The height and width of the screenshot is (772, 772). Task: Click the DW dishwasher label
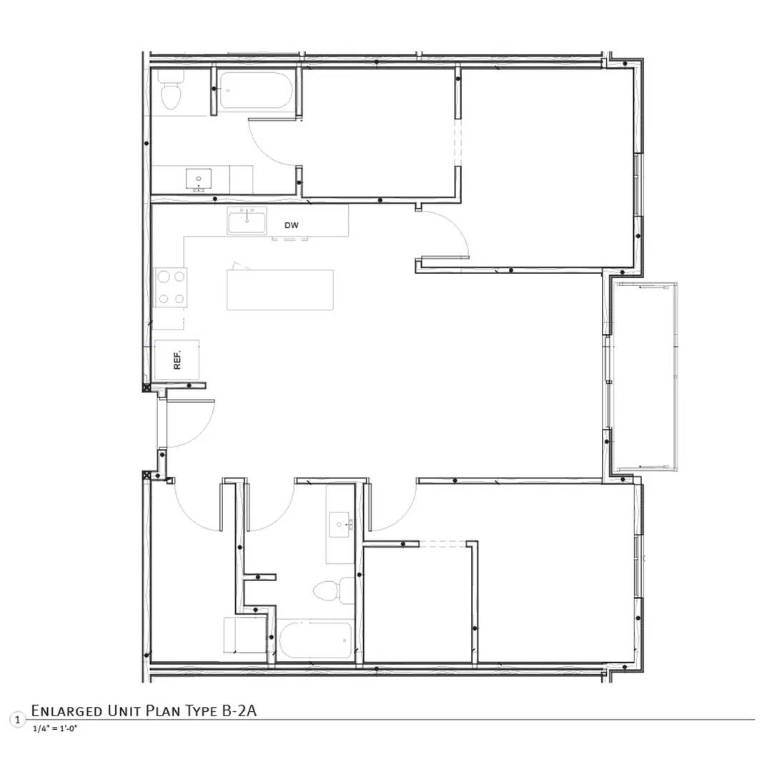pyautogui.click(x=291, y=225)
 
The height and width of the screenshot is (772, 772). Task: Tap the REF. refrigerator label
pyautogui.click(x=177, y=359)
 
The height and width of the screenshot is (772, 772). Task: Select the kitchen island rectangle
pyautogui.click(x=280, y=289)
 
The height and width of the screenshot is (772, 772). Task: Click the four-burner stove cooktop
pyautogui.click(x=171, y=287)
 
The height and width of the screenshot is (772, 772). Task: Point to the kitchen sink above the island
pyautogui.click(x=247, y=221)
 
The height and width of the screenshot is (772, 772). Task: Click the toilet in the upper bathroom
pyautogui.click(x=170, y=92)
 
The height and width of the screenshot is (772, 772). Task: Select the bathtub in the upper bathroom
pyautogui.click(x=254, y=91)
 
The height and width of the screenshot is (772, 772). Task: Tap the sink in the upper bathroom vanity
pyautogui.click(x=198, y=178)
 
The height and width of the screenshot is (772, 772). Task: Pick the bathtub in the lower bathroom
pyautogui.click(x=315, y=640)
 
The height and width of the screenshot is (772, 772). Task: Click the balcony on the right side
pyautogui.click(x=645, y=376)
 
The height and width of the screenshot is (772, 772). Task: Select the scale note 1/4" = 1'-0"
pyautogui.click(x=54, y=728)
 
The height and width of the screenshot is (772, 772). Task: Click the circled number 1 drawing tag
pyautogui.click(x=17, y=720)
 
